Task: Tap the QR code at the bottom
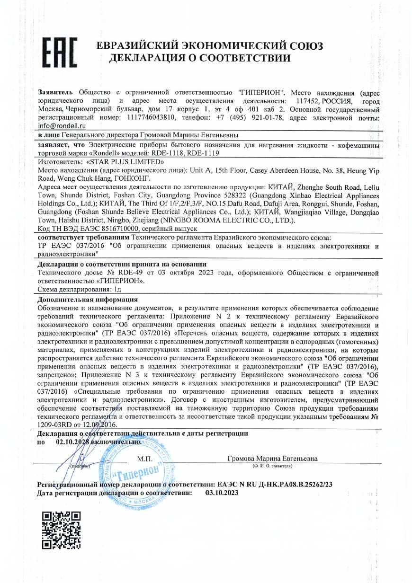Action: click(x=61, y=530)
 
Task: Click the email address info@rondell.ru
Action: click(x=62, y=126)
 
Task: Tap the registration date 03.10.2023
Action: click(x=222, y=493)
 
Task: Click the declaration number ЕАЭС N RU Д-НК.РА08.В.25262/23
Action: click(x=275, y=485)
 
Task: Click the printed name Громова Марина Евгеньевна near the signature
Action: click(x=272, y=459)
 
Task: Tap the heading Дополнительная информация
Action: click(x=88, y=299)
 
